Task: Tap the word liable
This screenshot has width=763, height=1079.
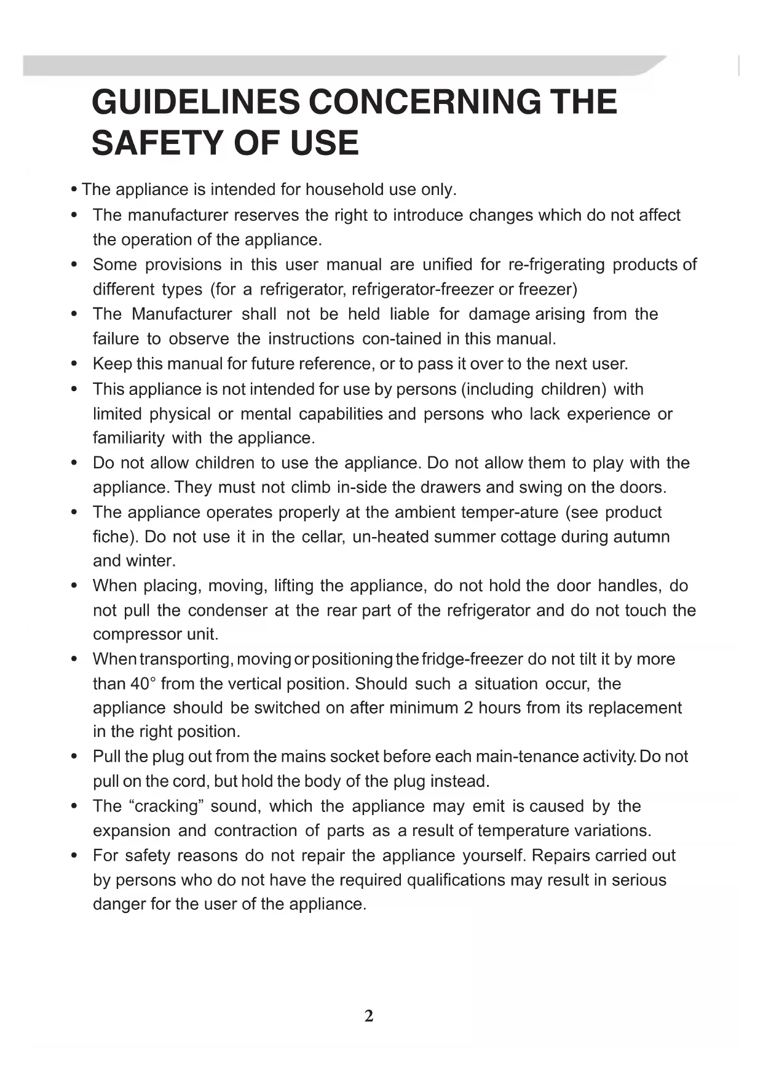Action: coord(409,314)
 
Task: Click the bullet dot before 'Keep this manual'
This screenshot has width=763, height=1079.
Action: coord(74,364)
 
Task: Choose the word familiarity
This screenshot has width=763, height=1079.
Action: coord(128,438)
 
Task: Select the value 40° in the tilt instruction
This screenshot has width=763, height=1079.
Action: coord(143,684)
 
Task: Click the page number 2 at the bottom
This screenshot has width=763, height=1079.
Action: coord(369,1016)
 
